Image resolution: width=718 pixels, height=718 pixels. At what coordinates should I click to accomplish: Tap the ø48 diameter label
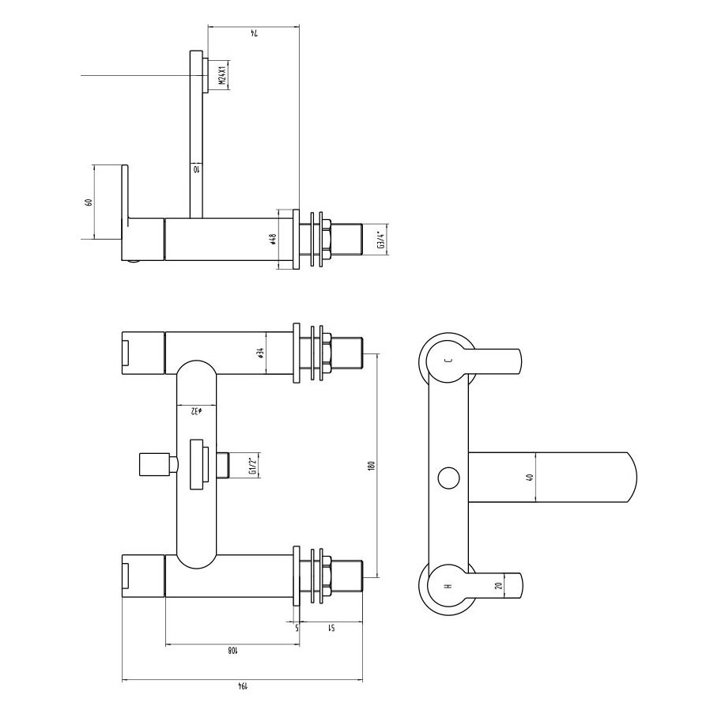(x=272, y=239)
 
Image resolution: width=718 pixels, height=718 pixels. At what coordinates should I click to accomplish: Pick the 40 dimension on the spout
(x=530, y=477)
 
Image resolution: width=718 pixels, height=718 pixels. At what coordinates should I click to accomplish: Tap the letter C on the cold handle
(x=448, y=361)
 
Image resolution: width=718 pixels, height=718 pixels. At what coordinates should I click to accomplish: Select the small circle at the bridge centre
(x=448, y=477)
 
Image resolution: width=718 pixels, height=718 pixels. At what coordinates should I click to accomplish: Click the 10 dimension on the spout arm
(x=196, y=168)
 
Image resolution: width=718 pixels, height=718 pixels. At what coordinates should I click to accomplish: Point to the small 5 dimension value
(x=297, y=629)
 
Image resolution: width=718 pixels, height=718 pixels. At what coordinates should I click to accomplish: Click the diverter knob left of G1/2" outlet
(x=155, y=465)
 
